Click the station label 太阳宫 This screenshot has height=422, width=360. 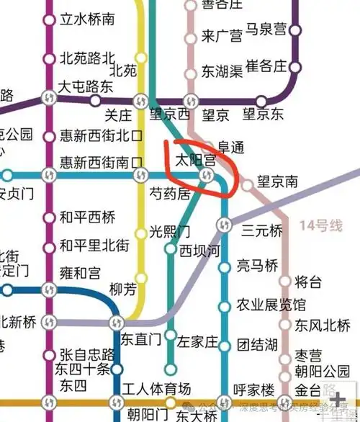click(197, 158)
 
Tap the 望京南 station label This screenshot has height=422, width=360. click(278, 183)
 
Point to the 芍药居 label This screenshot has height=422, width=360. click(170, 194)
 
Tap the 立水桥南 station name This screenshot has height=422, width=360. click(87, 19)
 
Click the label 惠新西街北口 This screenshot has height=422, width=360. click(102, 135)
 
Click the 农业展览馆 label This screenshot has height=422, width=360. click(271, 305)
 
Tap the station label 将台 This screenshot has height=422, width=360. click(308, 280)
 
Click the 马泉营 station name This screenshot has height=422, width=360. click(266, 30)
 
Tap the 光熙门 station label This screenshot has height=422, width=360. click(170, 232)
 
